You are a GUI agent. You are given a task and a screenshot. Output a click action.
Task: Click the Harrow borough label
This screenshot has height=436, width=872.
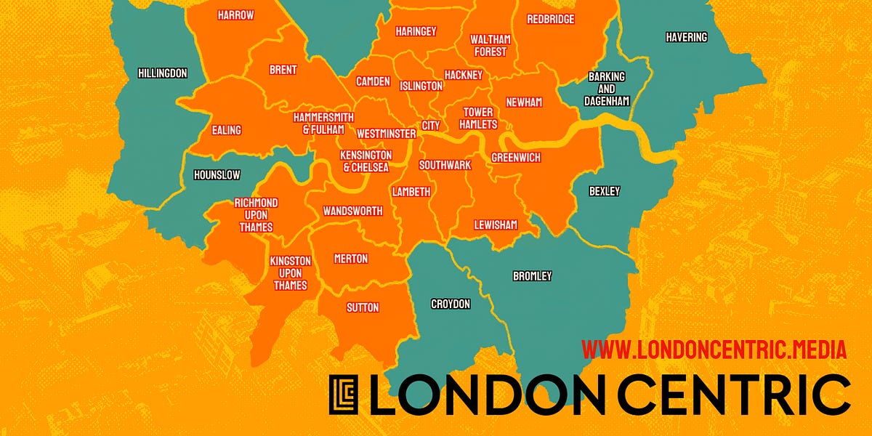[x=235, y=15]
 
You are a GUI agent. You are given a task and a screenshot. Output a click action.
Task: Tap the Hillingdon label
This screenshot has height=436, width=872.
[x=163, y=73]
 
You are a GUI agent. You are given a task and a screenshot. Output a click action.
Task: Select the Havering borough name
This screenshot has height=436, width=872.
[x=686, y=37]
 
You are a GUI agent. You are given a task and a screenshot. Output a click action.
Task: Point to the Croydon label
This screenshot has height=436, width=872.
[x=451, y=304]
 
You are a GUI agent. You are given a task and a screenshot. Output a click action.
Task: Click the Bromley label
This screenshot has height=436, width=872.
[x=532, y=276]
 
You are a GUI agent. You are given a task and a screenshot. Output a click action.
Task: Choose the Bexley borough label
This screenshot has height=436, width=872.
[x=605, y=191]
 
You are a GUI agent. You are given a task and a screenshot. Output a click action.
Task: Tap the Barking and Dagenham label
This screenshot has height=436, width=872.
[x=606, y=89]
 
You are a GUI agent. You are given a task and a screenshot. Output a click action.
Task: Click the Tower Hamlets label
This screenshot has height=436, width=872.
[x=478, y=118]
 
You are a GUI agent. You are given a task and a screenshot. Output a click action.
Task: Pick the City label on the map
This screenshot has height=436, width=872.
[x=431, y=125]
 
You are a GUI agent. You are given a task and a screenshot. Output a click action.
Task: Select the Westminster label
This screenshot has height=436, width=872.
[x=386, y=134]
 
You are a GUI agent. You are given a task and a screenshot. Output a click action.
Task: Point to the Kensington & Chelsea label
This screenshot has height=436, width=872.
[x=366, y=161]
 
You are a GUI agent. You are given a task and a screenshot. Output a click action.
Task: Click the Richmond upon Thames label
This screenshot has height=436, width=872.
[x=256, y=214]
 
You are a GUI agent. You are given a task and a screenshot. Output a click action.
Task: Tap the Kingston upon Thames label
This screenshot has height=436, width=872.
[x=290, y=272]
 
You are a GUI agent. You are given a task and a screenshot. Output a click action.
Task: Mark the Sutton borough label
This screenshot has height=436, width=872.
[x=363, y=307]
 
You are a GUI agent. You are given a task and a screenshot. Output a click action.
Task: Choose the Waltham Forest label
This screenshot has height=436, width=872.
[x=490, y=45]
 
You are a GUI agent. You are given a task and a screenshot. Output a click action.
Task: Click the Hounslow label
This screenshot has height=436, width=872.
[x=217, y=175]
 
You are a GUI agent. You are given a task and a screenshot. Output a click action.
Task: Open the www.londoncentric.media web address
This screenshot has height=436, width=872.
[x=714, y=350]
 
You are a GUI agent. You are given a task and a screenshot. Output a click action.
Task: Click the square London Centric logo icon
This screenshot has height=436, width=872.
[x=344, y=395]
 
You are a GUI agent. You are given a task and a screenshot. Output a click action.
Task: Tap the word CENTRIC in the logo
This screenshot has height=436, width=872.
[x=727, y=395]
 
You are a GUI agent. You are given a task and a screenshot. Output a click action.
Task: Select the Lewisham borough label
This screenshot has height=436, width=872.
[x=496, y=225]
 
